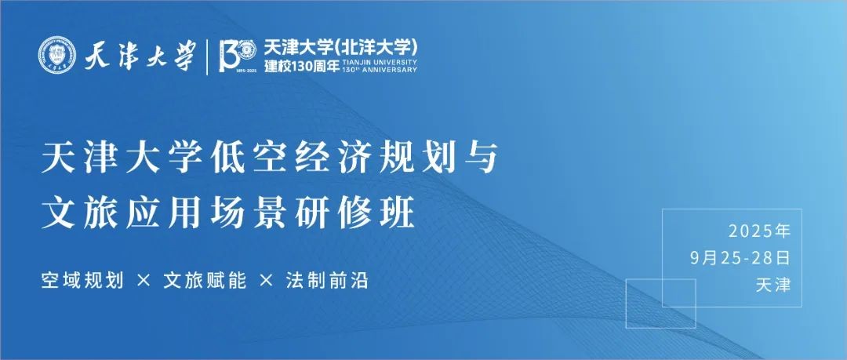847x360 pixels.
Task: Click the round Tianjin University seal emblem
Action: (57, 55)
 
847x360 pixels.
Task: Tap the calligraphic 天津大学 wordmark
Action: (140, 56)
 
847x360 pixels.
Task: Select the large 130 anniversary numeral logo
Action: (237, 56)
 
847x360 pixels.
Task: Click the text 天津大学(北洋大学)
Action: (341, 48)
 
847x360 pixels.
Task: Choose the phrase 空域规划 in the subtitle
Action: (82, 281)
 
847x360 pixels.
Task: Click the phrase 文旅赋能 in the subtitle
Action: (205, 281)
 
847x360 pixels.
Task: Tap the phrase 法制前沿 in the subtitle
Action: (327, 281)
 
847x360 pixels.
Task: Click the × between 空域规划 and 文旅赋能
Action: (144, 281)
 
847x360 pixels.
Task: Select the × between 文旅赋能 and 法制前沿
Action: (267, 281)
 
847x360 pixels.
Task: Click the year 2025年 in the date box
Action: (759, 231)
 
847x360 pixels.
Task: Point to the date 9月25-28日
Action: (740, 258)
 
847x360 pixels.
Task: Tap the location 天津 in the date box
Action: (773, 285)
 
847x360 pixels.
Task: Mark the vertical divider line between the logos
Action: (207, 56)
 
